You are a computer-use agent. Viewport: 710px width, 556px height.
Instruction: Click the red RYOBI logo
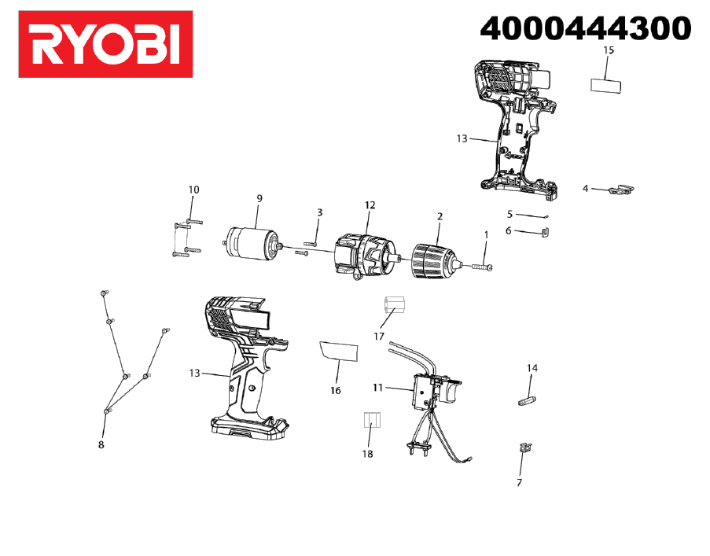[x=105, y=44]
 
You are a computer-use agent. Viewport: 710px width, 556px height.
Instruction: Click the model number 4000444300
[x=586, y=28]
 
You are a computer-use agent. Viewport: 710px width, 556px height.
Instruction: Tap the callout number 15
[x=609, y=50]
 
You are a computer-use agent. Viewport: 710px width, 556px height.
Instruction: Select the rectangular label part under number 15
[x=606, y=86]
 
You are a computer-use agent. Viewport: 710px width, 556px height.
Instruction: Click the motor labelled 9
[x=252, y=244]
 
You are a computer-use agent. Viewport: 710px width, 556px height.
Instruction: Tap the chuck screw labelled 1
[x=483, y=267]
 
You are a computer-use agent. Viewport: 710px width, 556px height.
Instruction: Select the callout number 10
[x=193, y=190]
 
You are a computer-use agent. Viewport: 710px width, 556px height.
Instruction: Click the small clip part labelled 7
[x=524, y=447]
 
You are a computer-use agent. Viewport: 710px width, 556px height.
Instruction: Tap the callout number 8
[x=101, y=444]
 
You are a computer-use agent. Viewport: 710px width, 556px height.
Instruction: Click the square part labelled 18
[x=372, y=420]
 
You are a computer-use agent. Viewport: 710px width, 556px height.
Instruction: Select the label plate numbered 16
[x=339, y=351]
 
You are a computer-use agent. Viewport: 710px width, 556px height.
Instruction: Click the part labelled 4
[x=621, y=190]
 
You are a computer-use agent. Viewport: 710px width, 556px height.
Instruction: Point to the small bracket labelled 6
[x=546, y=232]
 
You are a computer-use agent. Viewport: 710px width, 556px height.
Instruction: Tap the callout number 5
[x=510, y=214]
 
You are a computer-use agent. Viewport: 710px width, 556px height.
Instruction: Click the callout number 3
[x=320, y=212]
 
